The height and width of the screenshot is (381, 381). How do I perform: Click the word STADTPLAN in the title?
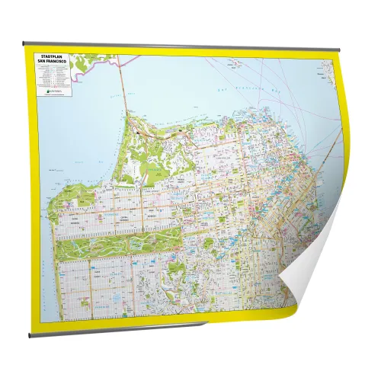(x=51, y=57)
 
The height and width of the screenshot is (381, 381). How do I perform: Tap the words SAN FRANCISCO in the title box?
(x=51, y=61)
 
